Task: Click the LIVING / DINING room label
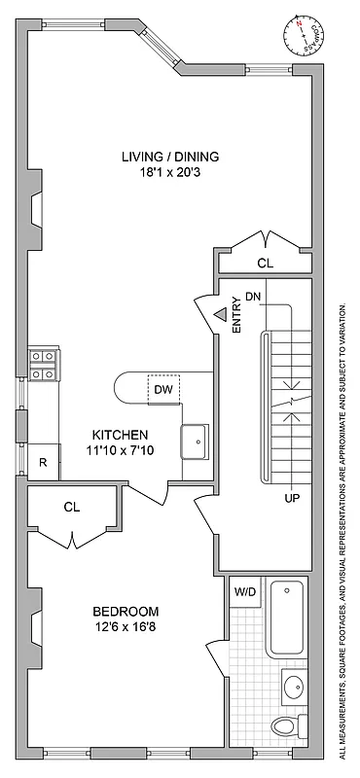click(x=170, y=156)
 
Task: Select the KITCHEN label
click(x=120, y=434)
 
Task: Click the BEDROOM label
click(x=126, y=611)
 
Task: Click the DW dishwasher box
click(x=162, y=390)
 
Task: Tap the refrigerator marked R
click(x=43, y=462)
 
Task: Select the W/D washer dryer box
click(x=244, y=589)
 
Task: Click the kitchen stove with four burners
click(x=43, y=365)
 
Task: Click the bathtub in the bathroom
click(x=286, y=617)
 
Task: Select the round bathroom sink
click(x=292, y=688)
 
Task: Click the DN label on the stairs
click(x=253, y=296)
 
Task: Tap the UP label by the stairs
click(x=291, y=498)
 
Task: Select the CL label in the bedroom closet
click(x=71, y=507)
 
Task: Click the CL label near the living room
click(x=265, y=263)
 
